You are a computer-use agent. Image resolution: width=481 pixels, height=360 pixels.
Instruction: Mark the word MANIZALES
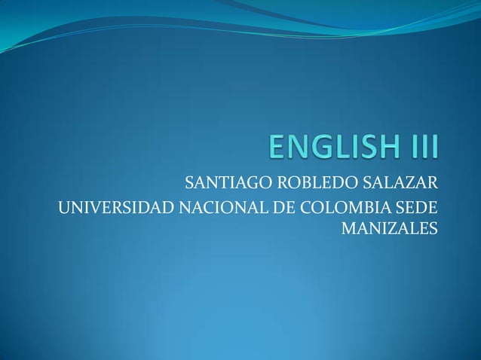tap(389, 227)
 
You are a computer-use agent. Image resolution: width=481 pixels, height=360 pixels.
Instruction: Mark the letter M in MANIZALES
tap(351, 227)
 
